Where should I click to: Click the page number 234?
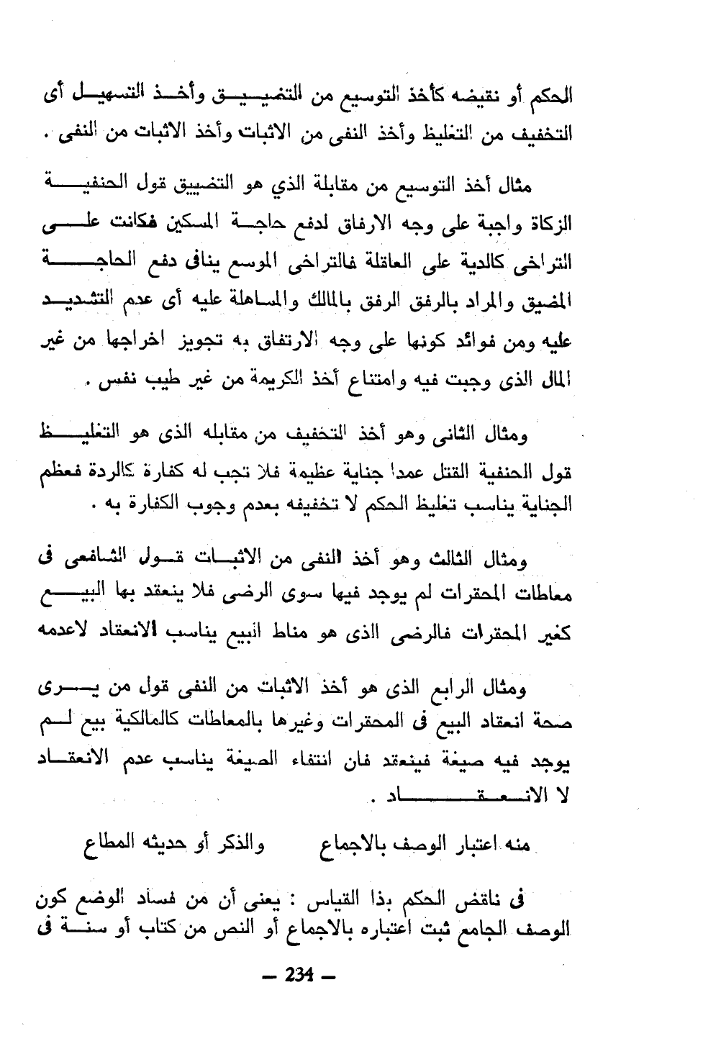pyautogui.click(x=299, y=976)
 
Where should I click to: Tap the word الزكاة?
pyautogui.click(x=550, y=223)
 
